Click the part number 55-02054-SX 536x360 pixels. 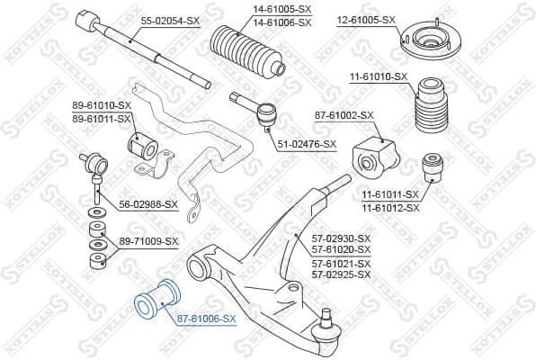[x=169, y=19]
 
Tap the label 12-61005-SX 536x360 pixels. [x=366, y=19]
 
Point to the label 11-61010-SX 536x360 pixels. [x=378, y=76]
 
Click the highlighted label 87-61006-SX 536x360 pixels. [x=206, y=319]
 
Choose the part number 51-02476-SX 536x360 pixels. [x=306, y=144]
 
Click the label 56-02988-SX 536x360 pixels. [x=148, y=204]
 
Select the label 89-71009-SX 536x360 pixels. [x=148, y=241]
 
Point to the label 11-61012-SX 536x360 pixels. [x=390, y=207]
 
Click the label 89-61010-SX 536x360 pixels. [x=102, y=105]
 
